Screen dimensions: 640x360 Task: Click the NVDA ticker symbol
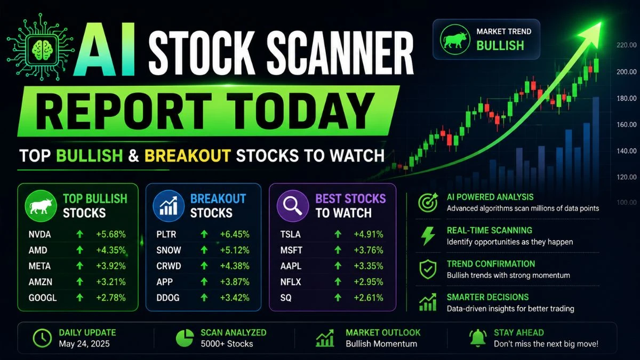pos(39,235)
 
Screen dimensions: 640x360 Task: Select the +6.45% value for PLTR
pos(235,235)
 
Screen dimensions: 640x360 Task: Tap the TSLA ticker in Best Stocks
pos(290,235)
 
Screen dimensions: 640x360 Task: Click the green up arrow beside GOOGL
pos(79,298)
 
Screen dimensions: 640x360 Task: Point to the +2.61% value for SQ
pos(369,298)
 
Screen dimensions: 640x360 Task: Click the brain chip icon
pos(41,47)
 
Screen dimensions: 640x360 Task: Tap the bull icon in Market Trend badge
pos(455,39)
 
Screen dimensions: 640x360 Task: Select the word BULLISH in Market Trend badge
pos(500,46)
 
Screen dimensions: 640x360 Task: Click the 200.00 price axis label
pos(626,71)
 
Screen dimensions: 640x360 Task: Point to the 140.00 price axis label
pos(626,151)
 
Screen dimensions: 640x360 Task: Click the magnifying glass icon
pos(293,206)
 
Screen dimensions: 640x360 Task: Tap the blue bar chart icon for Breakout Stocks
pos(169,206)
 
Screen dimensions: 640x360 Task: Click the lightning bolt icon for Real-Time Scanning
pos(428,236)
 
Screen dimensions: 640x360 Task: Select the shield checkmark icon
pos(428,269)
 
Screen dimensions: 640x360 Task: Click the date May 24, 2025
pos(84,343)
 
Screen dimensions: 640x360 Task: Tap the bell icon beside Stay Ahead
pos(478,338)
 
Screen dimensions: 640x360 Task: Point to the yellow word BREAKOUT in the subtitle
pos(187,156)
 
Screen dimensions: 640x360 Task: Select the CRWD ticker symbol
pos(169,266)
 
